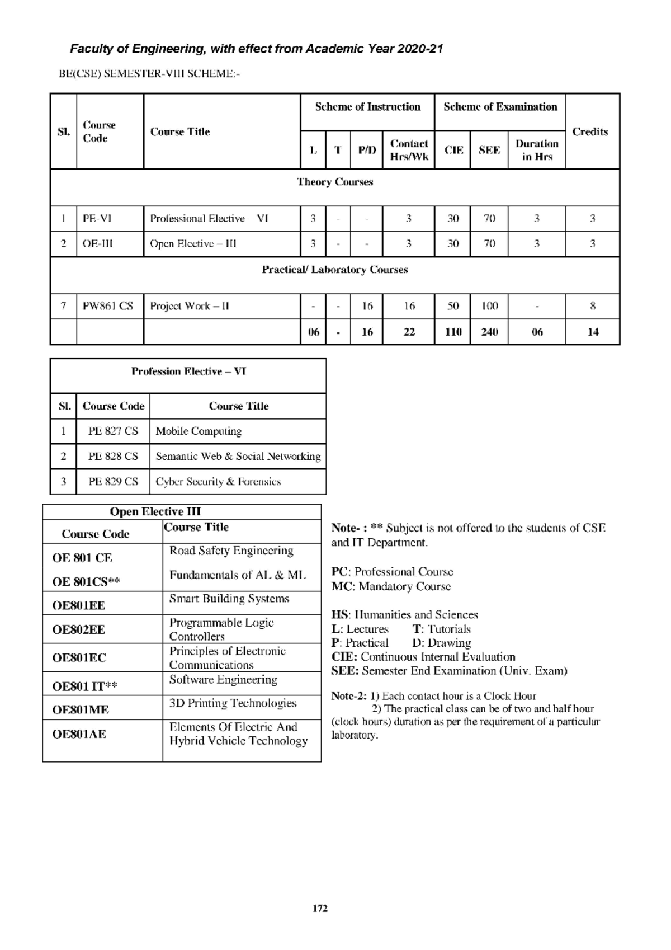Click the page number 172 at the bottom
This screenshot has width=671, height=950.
(x=319, y=909)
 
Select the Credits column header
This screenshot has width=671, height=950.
(x=590, y=131)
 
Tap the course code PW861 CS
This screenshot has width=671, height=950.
(x=108, y=306)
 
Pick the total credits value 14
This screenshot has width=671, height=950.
(x=593, y=332)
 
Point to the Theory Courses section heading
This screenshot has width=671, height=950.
(x=334, y=182)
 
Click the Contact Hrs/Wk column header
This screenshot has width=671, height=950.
(x=409, y=150)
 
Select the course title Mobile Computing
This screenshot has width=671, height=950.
(x=199, y=431)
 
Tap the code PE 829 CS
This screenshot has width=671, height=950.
(x=113, y=482)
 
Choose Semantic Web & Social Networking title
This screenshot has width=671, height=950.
(x=238, y=457)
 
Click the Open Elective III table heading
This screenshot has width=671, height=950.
(x=155, y=511)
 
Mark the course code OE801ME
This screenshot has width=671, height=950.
(x=81, y=709)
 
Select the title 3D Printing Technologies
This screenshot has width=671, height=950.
(x=233, y=703)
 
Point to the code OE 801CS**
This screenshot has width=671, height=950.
(x=86, y=582)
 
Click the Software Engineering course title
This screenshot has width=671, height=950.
(x=223, y=680)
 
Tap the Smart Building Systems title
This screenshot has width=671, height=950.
(x=229, y=599)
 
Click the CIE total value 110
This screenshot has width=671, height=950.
(x=453, y=332)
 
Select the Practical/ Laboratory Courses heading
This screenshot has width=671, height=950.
(x=334, y=270)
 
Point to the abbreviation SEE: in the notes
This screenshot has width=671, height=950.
(x=344, y=671)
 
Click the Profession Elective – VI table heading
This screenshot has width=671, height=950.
(x=188, y=371)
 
